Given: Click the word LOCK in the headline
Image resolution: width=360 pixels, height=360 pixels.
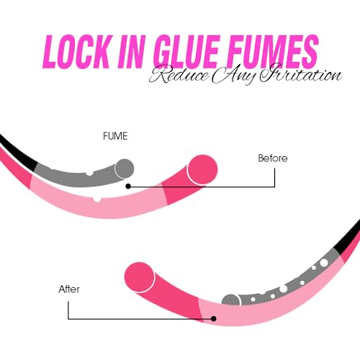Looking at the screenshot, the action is tap(76, 52).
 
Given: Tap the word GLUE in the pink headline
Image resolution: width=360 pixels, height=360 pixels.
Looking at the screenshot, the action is tap(186, 52).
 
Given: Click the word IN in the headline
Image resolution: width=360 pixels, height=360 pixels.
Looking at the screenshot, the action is tap(132, 52).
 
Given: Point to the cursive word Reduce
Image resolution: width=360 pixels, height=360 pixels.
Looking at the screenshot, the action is tap(179, 75).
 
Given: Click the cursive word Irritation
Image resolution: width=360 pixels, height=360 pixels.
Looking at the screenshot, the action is tap(301, 73).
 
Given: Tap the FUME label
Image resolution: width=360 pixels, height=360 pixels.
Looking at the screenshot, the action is tap(115, 136).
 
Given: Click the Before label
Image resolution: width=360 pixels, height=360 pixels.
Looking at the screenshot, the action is tap(273, 158).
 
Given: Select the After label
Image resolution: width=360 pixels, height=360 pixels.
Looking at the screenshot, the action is tap(69, 289).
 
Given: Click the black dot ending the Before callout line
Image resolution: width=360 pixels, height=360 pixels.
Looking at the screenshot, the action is tap(128, 186).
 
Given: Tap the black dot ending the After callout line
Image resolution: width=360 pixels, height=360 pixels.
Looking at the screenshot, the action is tap(214, 319).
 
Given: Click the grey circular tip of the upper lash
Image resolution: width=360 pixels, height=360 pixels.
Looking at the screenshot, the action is tap(125, 168).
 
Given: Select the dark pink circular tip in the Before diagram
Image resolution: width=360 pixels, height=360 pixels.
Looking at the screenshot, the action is tap(202, 170).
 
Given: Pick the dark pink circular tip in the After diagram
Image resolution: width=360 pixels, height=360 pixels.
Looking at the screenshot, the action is tap(140, 277).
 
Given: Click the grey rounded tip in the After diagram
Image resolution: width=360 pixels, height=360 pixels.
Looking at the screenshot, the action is tap(230, 300).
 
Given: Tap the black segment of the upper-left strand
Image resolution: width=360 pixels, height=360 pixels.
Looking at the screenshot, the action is tap(17, 153).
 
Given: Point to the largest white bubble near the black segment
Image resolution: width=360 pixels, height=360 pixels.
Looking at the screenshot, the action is tap(324, 262).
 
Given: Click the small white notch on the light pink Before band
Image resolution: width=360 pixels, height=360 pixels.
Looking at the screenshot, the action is tap(96, 199).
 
